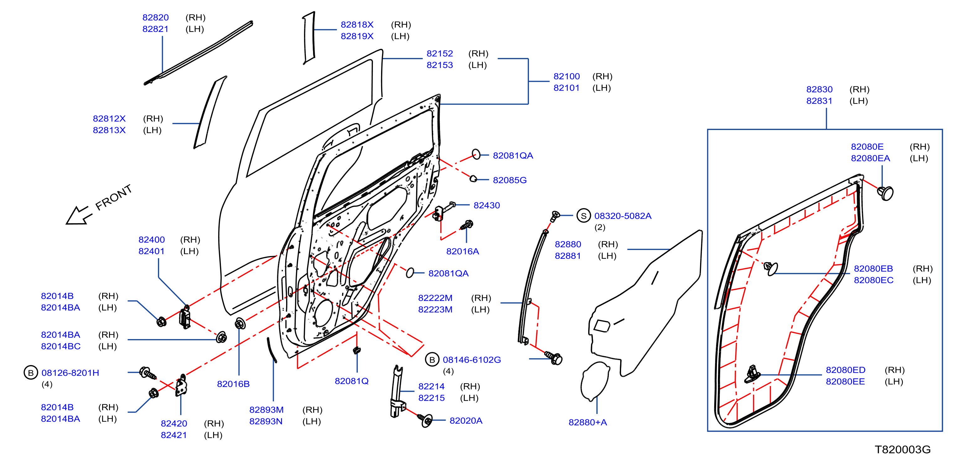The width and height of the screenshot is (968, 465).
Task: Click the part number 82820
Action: tap(155, 17)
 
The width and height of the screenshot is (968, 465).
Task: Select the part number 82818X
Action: tap(357, 24)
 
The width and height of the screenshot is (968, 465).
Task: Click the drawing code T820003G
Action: tap(903, 450)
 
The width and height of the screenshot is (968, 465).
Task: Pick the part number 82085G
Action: tap(510, 180)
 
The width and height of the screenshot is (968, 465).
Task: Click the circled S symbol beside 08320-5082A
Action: tap(583, 216)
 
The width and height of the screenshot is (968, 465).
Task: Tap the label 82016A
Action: tap(463, 251)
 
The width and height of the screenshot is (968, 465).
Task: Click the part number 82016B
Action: tap(233, 384)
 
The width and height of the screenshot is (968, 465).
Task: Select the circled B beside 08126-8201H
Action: tap(31, 373)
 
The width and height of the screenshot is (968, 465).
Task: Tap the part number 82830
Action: tap(819, 89)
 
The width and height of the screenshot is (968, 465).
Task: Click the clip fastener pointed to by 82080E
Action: tap(886, 193)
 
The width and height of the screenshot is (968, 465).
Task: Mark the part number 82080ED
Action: tap(845, 370)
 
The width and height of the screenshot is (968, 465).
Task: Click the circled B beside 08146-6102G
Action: tap(432, 359)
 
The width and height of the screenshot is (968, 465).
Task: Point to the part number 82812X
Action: tap(109, 119)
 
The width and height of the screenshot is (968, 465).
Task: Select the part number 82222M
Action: tap(435, 298)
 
